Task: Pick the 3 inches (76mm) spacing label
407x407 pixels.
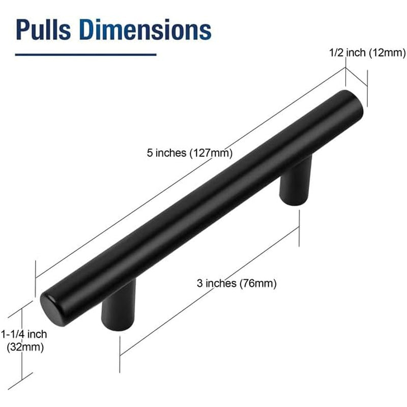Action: (236, 284)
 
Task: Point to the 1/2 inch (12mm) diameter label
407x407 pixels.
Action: (366, 52)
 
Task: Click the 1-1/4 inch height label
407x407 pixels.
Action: (24, 334)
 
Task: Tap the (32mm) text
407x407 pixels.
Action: (24, 348)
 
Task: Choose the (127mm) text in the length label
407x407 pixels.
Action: (211, 153)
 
